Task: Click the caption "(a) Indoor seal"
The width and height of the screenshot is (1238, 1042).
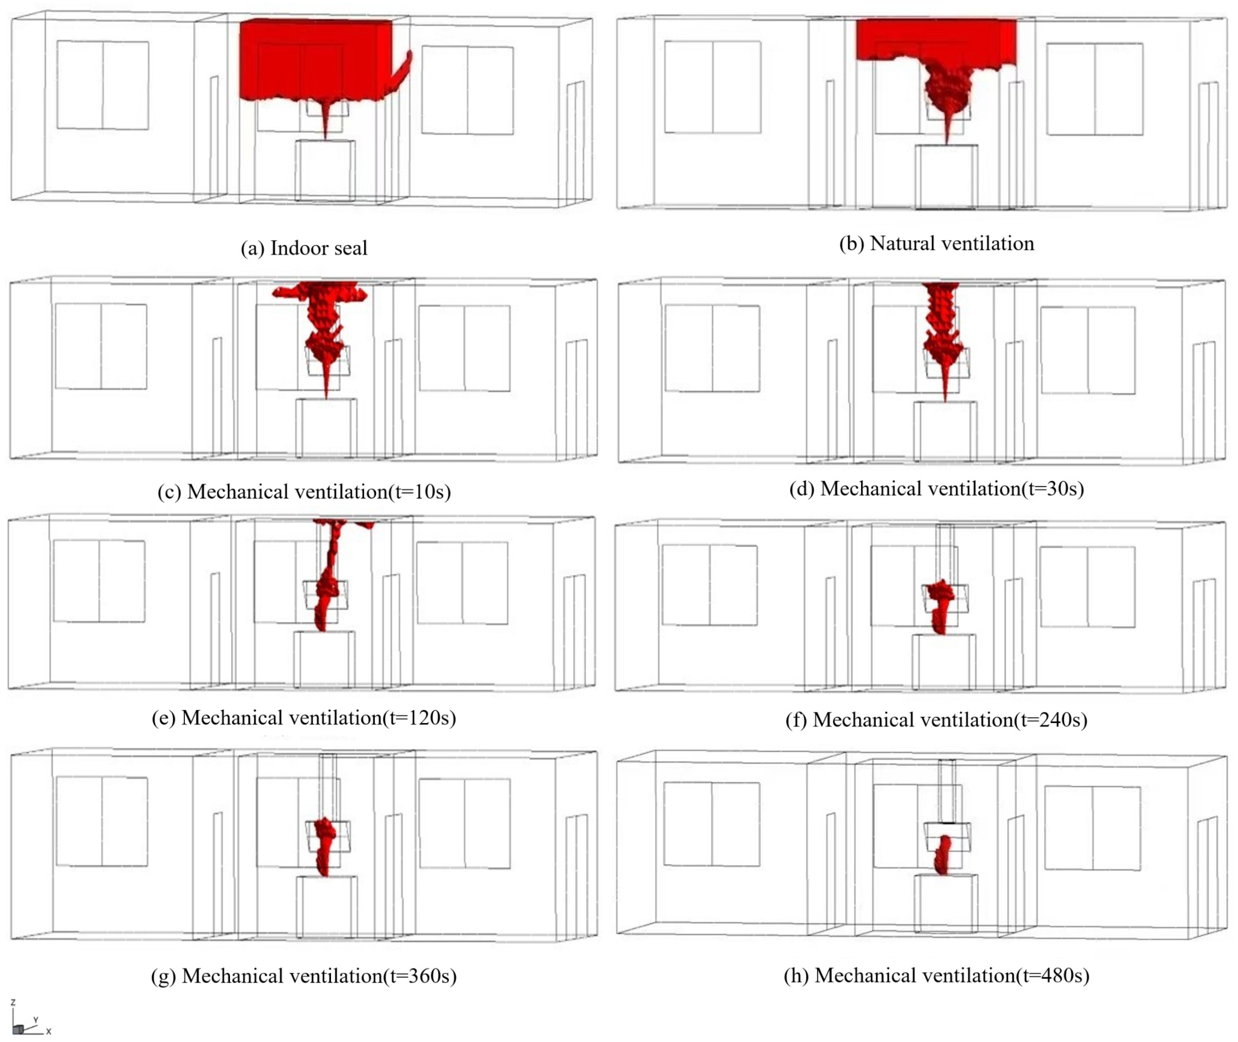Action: tap(304, 248)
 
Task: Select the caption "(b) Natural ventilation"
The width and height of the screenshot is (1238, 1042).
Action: tap(937, 243)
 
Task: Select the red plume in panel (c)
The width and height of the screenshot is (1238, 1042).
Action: tap(323, 331)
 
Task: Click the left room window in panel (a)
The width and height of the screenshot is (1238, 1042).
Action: tap(103, 85)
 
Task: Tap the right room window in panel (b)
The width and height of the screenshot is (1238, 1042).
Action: tap(1094, 89)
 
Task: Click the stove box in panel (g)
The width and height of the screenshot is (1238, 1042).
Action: tap(326, 907)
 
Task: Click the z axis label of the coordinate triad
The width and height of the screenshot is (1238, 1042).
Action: tap(13, 1002)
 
